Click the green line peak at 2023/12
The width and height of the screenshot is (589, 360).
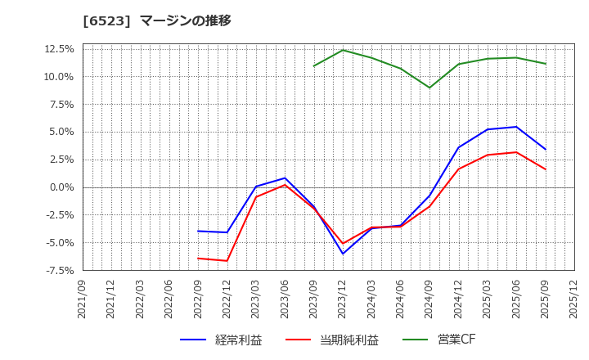tap(343, 50)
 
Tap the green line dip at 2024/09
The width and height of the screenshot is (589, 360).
tap(429, 88)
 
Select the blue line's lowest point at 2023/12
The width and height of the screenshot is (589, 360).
tap(343, 254)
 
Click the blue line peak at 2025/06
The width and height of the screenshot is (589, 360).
tap(516, 127)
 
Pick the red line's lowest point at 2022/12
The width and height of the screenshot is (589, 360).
tap(227, 261)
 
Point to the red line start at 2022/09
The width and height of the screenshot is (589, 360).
tap(198, 259)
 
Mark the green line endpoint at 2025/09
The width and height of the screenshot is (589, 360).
tap(546, 64)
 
